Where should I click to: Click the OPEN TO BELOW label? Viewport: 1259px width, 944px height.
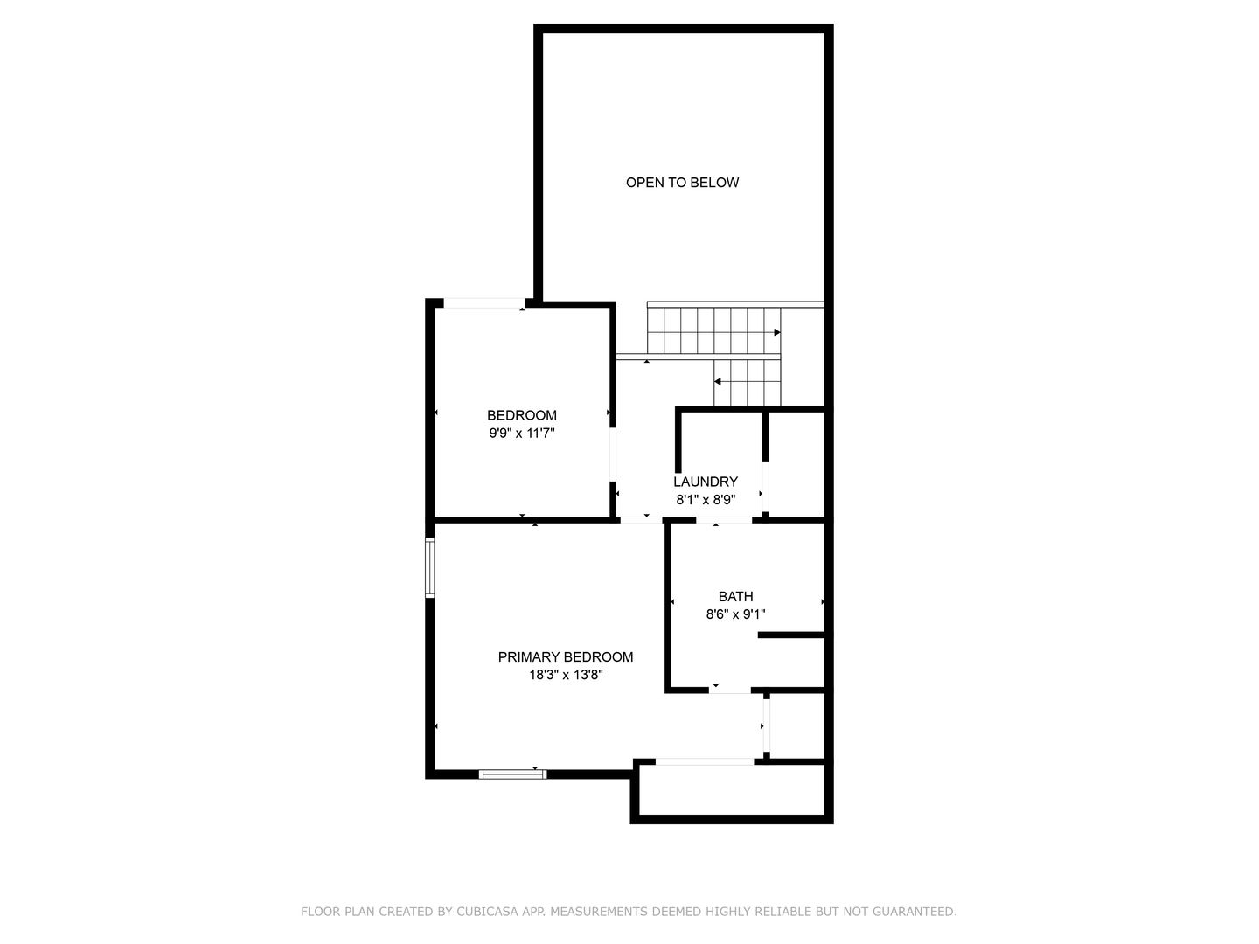pyautogui.click(x=682, y=183)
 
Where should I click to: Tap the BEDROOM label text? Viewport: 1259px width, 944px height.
pyautogui.click(x=521, y=415)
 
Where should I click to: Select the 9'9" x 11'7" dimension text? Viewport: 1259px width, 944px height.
pyautogui.click(x=521, y=432)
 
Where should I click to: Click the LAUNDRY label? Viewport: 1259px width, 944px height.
pyautogui.click(x=705, y=482)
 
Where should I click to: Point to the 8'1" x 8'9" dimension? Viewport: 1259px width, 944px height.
pyautogui.click(x=705, y=500)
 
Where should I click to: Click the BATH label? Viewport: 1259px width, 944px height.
pyautogui.click(x=735, y=597)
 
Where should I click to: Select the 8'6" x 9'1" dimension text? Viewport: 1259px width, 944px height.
pyautogui.click(x=735, y=614)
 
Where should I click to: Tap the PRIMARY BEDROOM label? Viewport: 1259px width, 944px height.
pyautogui.click(x=565, y=657)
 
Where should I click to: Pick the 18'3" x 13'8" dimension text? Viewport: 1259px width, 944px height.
pyautogui.click(x=565, y=675)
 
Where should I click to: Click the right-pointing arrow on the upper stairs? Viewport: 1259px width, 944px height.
pyautogui.click(x=776, y=333)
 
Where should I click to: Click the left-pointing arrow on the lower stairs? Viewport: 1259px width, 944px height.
pyautogui.click(x=718, y=382)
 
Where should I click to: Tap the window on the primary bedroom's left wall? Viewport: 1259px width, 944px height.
pyautogui.click(x=429, y=568)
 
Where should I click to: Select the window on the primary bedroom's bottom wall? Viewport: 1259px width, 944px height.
pyautogui.click(x=512, y=774)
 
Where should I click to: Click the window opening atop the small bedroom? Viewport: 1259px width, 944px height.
pyautogui.click(x=483, y=303)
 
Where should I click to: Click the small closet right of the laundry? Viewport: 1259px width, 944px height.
pyautogui.click(x=796, y=463)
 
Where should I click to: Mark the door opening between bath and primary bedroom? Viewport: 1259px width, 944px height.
pyautogui.click(x=729, y=691)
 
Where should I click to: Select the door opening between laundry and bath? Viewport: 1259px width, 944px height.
pyautogui.click(x=723, y=521)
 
